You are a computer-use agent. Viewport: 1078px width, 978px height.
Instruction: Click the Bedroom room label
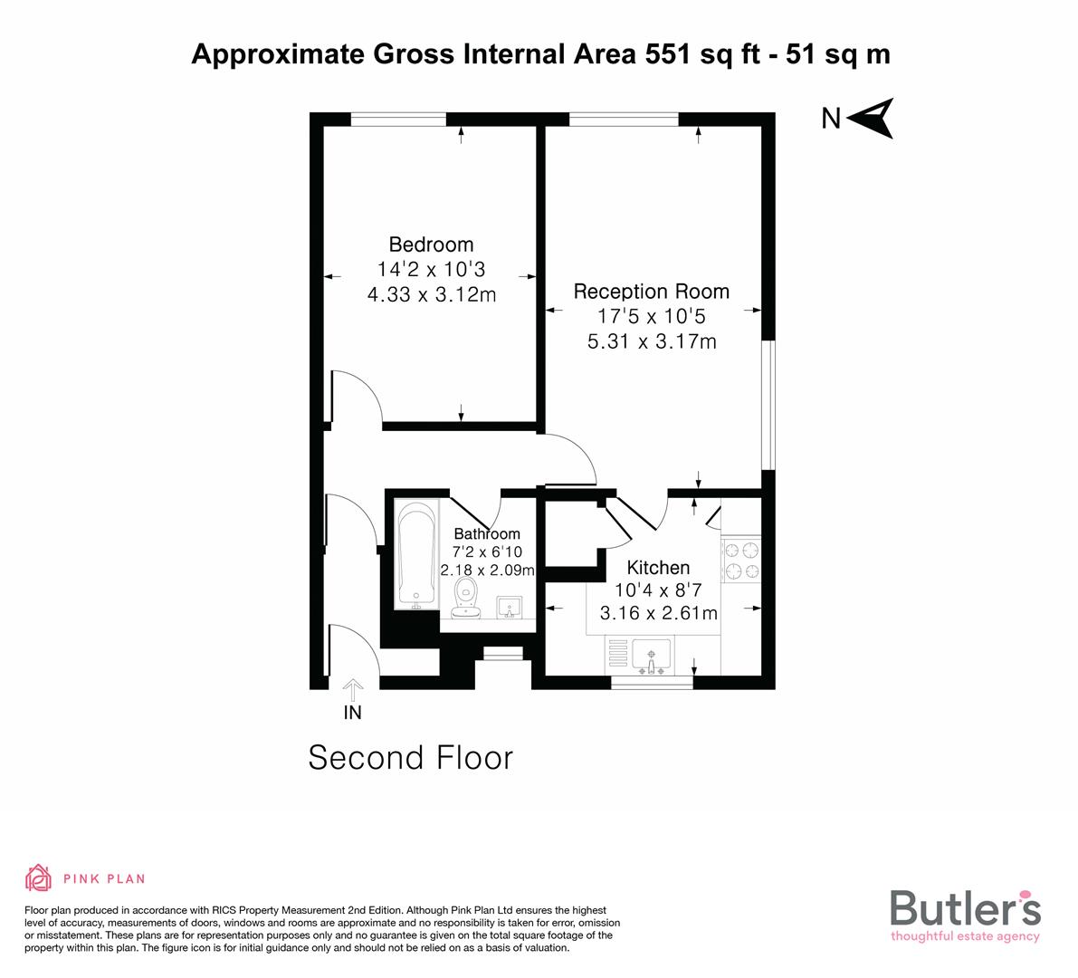point(431,244)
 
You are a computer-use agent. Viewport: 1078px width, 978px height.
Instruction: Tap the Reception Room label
point(651,292)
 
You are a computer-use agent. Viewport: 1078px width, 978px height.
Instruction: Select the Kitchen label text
point(658,568)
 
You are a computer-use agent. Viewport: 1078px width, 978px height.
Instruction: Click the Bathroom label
point(487,534)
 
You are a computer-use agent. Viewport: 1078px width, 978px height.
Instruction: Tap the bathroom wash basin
point(509,607)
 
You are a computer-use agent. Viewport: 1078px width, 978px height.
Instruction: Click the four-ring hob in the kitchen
point(741,560)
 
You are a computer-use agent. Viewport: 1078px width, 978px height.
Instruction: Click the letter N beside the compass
point(830,119)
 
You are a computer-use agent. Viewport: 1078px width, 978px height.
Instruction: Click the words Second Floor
point(410,757)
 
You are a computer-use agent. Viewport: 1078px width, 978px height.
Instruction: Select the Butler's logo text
point(965,907)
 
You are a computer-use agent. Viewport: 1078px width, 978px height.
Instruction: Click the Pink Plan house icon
point(39,877)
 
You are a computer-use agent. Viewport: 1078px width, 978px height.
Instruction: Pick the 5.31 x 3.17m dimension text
point(651,341)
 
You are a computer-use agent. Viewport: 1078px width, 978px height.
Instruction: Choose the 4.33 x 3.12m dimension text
point(431,294)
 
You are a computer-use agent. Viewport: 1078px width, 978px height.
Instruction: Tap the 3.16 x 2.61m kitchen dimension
point(658,613)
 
